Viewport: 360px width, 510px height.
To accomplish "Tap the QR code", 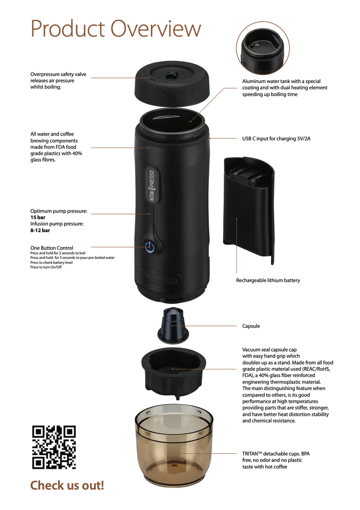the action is (54, 447).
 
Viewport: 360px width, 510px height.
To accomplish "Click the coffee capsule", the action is (173, 325).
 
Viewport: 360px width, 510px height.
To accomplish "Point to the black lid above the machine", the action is (172, 83).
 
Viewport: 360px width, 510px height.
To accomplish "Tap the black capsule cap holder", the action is (174, 373).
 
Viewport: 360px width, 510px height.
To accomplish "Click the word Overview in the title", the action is (156, 28).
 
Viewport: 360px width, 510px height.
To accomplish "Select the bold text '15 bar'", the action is (38, 217).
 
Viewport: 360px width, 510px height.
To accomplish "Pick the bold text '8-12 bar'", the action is (40, 230).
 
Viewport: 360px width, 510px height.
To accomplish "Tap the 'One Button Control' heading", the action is (52, 248).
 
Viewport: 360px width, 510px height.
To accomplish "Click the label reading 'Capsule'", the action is (251, 326).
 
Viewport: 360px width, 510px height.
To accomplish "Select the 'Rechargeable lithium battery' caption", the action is (268, 280).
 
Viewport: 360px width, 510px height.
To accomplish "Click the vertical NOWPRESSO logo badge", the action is (152, 186).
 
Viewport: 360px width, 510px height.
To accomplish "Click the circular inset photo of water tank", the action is (263, 48).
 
